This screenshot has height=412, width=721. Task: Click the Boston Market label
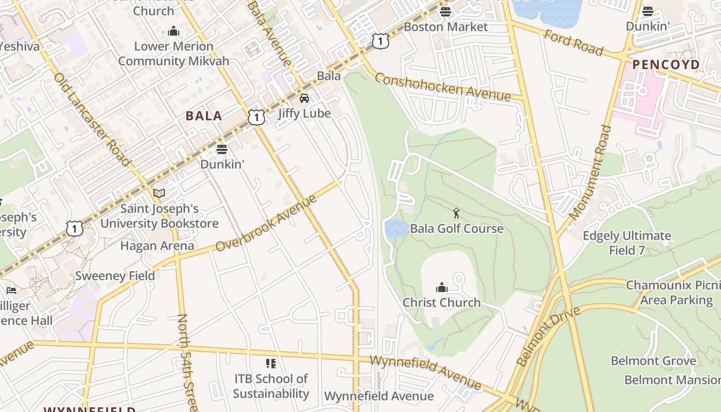click(x=445, y=27)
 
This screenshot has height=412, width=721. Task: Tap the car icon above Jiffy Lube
click(x=304, y=98)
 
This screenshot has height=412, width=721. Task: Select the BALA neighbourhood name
click(x=204, y=116)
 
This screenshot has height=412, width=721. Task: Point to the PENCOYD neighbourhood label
click(x=666, y=65)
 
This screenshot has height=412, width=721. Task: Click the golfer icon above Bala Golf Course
click(x=456, y=213)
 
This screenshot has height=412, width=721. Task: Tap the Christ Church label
click(x=441, y=302)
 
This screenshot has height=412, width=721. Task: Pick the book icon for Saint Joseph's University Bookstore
click(x=159, y=193)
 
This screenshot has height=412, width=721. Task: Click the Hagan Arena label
click(x=157, y=246)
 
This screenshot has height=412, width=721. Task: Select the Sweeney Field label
click(x=115, y=276)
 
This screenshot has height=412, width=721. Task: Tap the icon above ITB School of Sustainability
click(x=271, y=364)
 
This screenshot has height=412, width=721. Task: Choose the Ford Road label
click(x=573, y=43)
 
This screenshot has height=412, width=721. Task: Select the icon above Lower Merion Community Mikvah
click(x=174, y=31)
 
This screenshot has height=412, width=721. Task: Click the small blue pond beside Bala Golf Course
click(x=396, y=229)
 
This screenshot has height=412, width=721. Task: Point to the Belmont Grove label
click(x=653, y=361)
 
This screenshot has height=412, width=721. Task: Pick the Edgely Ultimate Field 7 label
click(x=626, y=243)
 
